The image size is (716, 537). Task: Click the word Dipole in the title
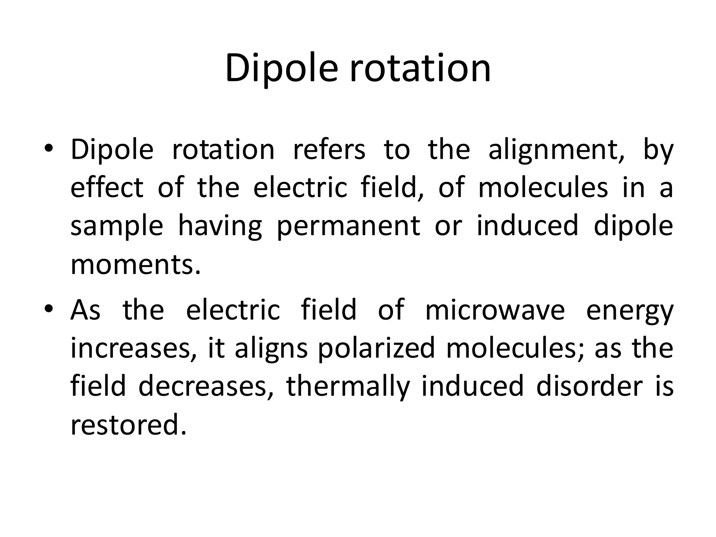click(281, 68)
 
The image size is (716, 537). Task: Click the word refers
click(329, 150)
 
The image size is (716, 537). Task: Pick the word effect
click(107, 187)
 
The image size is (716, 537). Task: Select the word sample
click(117, 227)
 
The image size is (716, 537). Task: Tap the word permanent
click(348, 227)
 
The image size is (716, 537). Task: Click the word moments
click(136, 265)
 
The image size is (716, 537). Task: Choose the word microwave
click(495, 310)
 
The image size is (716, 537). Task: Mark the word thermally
click(348, 387)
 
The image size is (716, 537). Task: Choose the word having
click(220, 227)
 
